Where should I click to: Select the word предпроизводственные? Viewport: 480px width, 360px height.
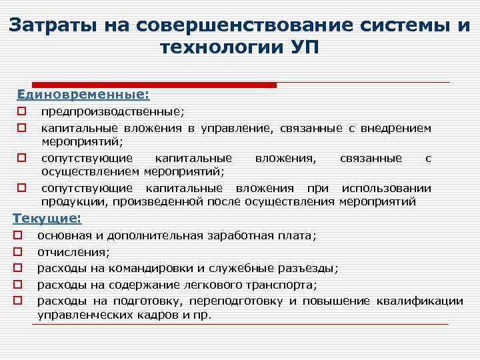pyautogui.click(x=113, y=112)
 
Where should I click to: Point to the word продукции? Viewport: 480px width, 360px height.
pyautogui.click(x=71, y=201)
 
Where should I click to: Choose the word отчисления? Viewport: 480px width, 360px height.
pyautogui.click(x=74, y=252)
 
